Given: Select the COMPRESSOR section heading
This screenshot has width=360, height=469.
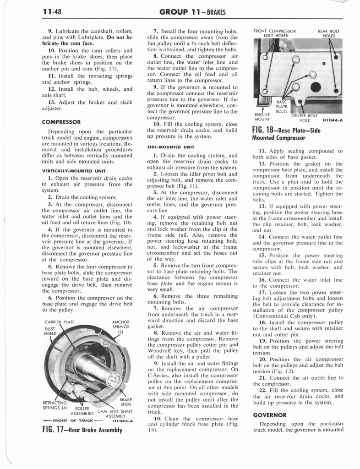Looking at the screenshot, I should click(62, 122).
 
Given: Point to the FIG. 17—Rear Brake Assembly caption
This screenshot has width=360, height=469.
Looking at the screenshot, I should click(82, 430).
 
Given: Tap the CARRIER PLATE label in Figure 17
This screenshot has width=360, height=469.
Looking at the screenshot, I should click(62, 321).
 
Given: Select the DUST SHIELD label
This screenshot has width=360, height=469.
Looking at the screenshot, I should click(51, 331).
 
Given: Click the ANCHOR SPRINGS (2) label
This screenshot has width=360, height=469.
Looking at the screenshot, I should click(120, 327).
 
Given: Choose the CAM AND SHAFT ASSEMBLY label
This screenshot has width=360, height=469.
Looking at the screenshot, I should click(115, 413).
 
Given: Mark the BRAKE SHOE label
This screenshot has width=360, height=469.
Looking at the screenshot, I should click(125, 402).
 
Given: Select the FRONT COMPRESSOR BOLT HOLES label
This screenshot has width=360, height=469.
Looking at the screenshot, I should click(275, 33).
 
